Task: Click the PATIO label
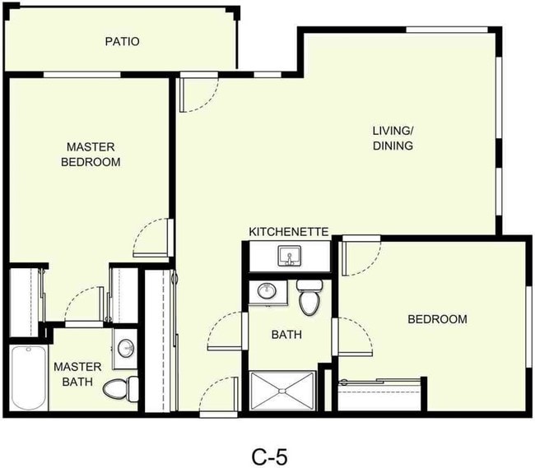[121, 41]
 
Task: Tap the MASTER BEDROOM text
[91, 154]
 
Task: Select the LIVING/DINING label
[392, 138]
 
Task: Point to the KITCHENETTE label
[289, 233]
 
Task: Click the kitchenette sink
[288, 258]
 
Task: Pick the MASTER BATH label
[77, 373]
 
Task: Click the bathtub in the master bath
[27, 378]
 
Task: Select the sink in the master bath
[126, 348]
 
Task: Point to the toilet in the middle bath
[309, 299]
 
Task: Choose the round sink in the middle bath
[267, 291]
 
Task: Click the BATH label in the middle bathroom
[286, 335]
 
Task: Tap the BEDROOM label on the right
[437, 319]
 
